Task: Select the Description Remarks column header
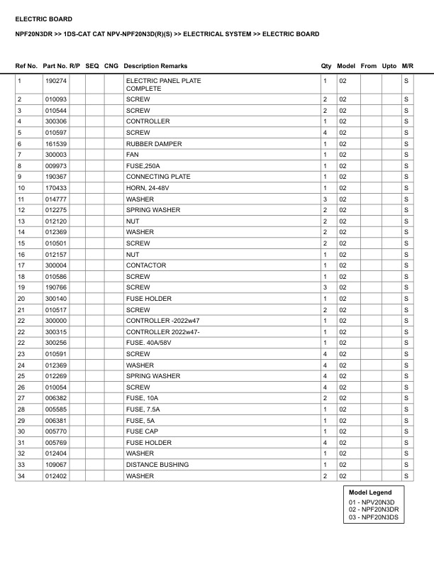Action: tap(155, 66)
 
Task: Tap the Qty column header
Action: tap(326, 66)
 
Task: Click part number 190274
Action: tap(54, 81)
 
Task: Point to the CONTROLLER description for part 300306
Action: tap(148, 121)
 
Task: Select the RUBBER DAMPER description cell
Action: tap(154, 144)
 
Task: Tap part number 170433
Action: tap(54, 188)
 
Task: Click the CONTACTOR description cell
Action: tap(146, 265)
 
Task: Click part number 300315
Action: tap(54, 332)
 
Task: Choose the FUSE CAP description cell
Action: tap(142, 431)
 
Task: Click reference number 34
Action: tap(21, 475)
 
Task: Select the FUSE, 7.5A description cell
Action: tap(143, 409)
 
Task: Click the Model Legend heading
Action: tap(369, 492)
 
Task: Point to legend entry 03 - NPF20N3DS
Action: tap(373, 518)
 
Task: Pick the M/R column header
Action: tap(407, 66)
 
